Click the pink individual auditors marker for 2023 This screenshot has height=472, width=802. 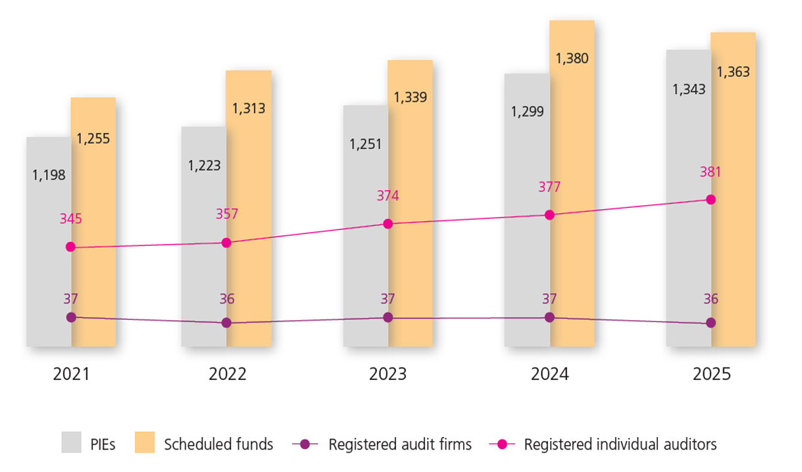388,224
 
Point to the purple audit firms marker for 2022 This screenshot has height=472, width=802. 226,323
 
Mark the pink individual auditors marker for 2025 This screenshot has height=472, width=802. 711,199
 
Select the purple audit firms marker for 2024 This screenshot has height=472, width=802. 549,318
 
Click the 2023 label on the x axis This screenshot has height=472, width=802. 388,374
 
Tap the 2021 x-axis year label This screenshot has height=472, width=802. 71,374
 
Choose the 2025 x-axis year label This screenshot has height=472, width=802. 711,374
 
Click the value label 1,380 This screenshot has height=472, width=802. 572,59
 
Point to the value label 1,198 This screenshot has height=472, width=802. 49,175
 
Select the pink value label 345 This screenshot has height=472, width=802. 71,219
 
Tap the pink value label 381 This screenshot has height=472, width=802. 711,173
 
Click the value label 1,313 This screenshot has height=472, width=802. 249,108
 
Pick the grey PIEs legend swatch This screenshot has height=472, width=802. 72,443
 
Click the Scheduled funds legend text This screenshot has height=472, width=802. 218,444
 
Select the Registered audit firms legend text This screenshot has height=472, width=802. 400,444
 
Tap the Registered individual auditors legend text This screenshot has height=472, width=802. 620,444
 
